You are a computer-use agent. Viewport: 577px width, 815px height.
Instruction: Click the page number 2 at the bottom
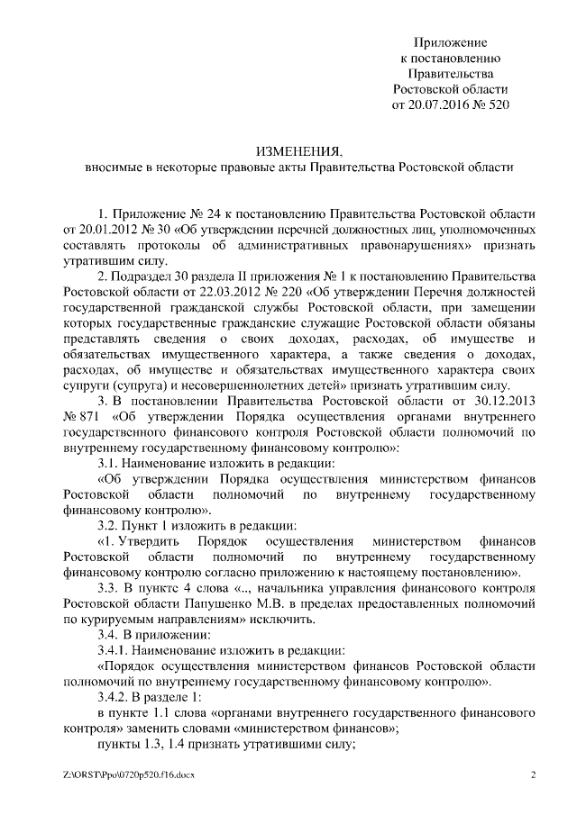coord(533,774)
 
